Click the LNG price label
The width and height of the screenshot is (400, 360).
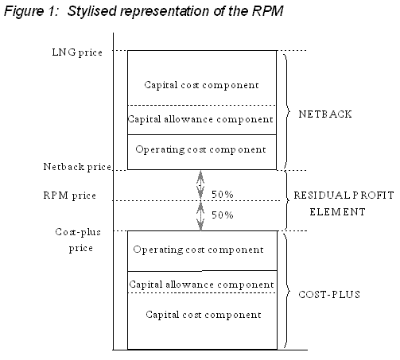pos(77,52)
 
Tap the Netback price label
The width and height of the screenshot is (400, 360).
pos(77,167)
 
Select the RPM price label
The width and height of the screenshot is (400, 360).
pos(69,195)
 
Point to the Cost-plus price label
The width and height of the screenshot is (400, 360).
pos(78,240)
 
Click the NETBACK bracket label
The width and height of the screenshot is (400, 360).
pos(325,114)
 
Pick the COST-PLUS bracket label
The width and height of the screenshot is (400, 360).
pos(329,295)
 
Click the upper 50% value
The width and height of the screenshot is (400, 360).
pos(223,195)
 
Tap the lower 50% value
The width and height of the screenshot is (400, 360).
pos(223,215)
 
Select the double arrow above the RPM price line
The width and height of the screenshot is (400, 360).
pos(200,185)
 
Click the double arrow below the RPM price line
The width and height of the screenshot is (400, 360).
pos(200,216)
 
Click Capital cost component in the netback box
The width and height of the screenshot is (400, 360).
pos(201,85)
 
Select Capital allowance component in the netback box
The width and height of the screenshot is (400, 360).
pos(200,119)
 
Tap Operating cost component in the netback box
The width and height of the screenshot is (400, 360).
pos(200,149)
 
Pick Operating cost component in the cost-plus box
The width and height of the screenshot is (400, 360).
pos(198,250)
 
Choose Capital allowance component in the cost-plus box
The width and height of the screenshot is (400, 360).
pos(201,285)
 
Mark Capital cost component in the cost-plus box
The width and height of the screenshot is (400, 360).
pos(204,315)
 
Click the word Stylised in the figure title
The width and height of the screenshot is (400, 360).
pos(91,11)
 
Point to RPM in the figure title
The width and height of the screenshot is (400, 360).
pos(267,11)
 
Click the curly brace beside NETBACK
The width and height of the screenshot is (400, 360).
pos(287,112)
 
